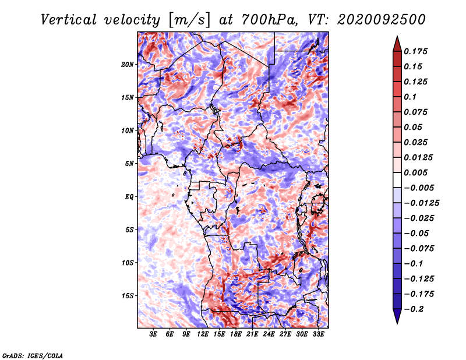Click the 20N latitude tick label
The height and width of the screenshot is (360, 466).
tap(128, 65)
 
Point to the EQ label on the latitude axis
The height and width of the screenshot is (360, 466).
tap(129, 197)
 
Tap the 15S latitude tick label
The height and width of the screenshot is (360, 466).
tap(128, 296)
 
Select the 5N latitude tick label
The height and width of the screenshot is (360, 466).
tap(129, 164)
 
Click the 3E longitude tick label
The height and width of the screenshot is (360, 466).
tap(153, 334)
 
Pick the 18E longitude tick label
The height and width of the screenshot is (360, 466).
tap(236, 334)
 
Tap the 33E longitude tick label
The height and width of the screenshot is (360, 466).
tap(318, 334)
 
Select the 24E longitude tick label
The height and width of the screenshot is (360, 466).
tap(269, 334)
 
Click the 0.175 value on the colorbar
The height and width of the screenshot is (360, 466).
tap(415, 51)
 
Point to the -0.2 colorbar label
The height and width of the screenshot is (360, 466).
tap(414, 309)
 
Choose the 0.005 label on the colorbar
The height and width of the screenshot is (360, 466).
tap(415, 172)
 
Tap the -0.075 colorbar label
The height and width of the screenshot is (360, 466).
tap(419, 249)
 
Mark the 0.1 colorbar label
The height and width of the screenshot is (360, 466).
tap(410, 97)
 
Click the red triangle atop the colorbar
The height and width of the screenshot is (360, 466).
tap(397, 44)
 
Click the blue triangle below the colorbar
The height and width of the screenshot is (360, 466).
tap(397, 316)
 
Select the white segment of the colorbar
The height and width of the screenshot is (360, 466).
tap(397, 180)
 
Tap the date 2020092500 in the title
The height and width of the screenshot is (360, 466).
tap(382, 20)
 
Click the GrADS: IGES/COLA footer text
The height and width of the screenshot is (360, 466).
tap(33, 356)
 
